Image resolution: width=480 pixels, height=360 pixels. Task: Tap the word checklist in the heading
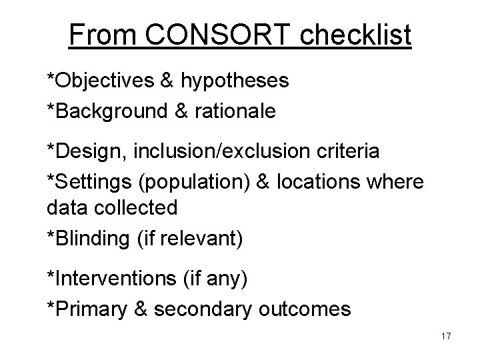pos(356,35)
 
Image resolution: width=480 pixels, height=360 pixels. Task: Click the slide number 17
pos(446,336)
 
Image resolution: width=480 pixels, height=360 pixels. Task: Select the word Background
pos(113,111)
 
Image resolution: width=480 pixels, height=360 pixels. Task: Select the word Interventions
pos(114,277)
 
